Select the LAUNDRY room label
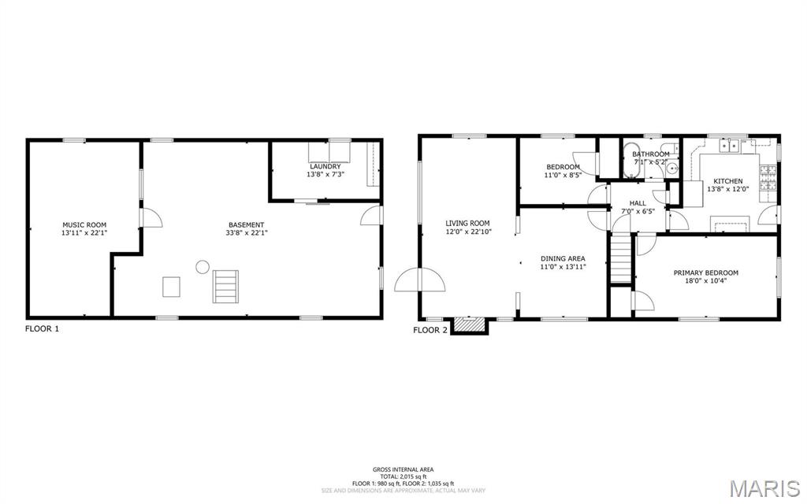325,166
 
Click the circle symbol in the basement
203,266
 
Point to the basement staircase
225,286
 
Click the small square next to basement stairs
171,287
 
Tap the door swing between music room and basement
151,218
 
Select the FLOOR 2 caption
430,330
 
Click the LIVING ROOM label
467,223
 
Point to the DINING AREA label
563,258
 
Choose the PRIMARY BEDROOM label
705,272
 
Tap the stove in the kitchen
768,180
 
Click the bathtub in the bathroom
631,161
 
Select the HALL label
638,202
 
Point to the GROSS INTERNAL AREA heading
403,469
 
